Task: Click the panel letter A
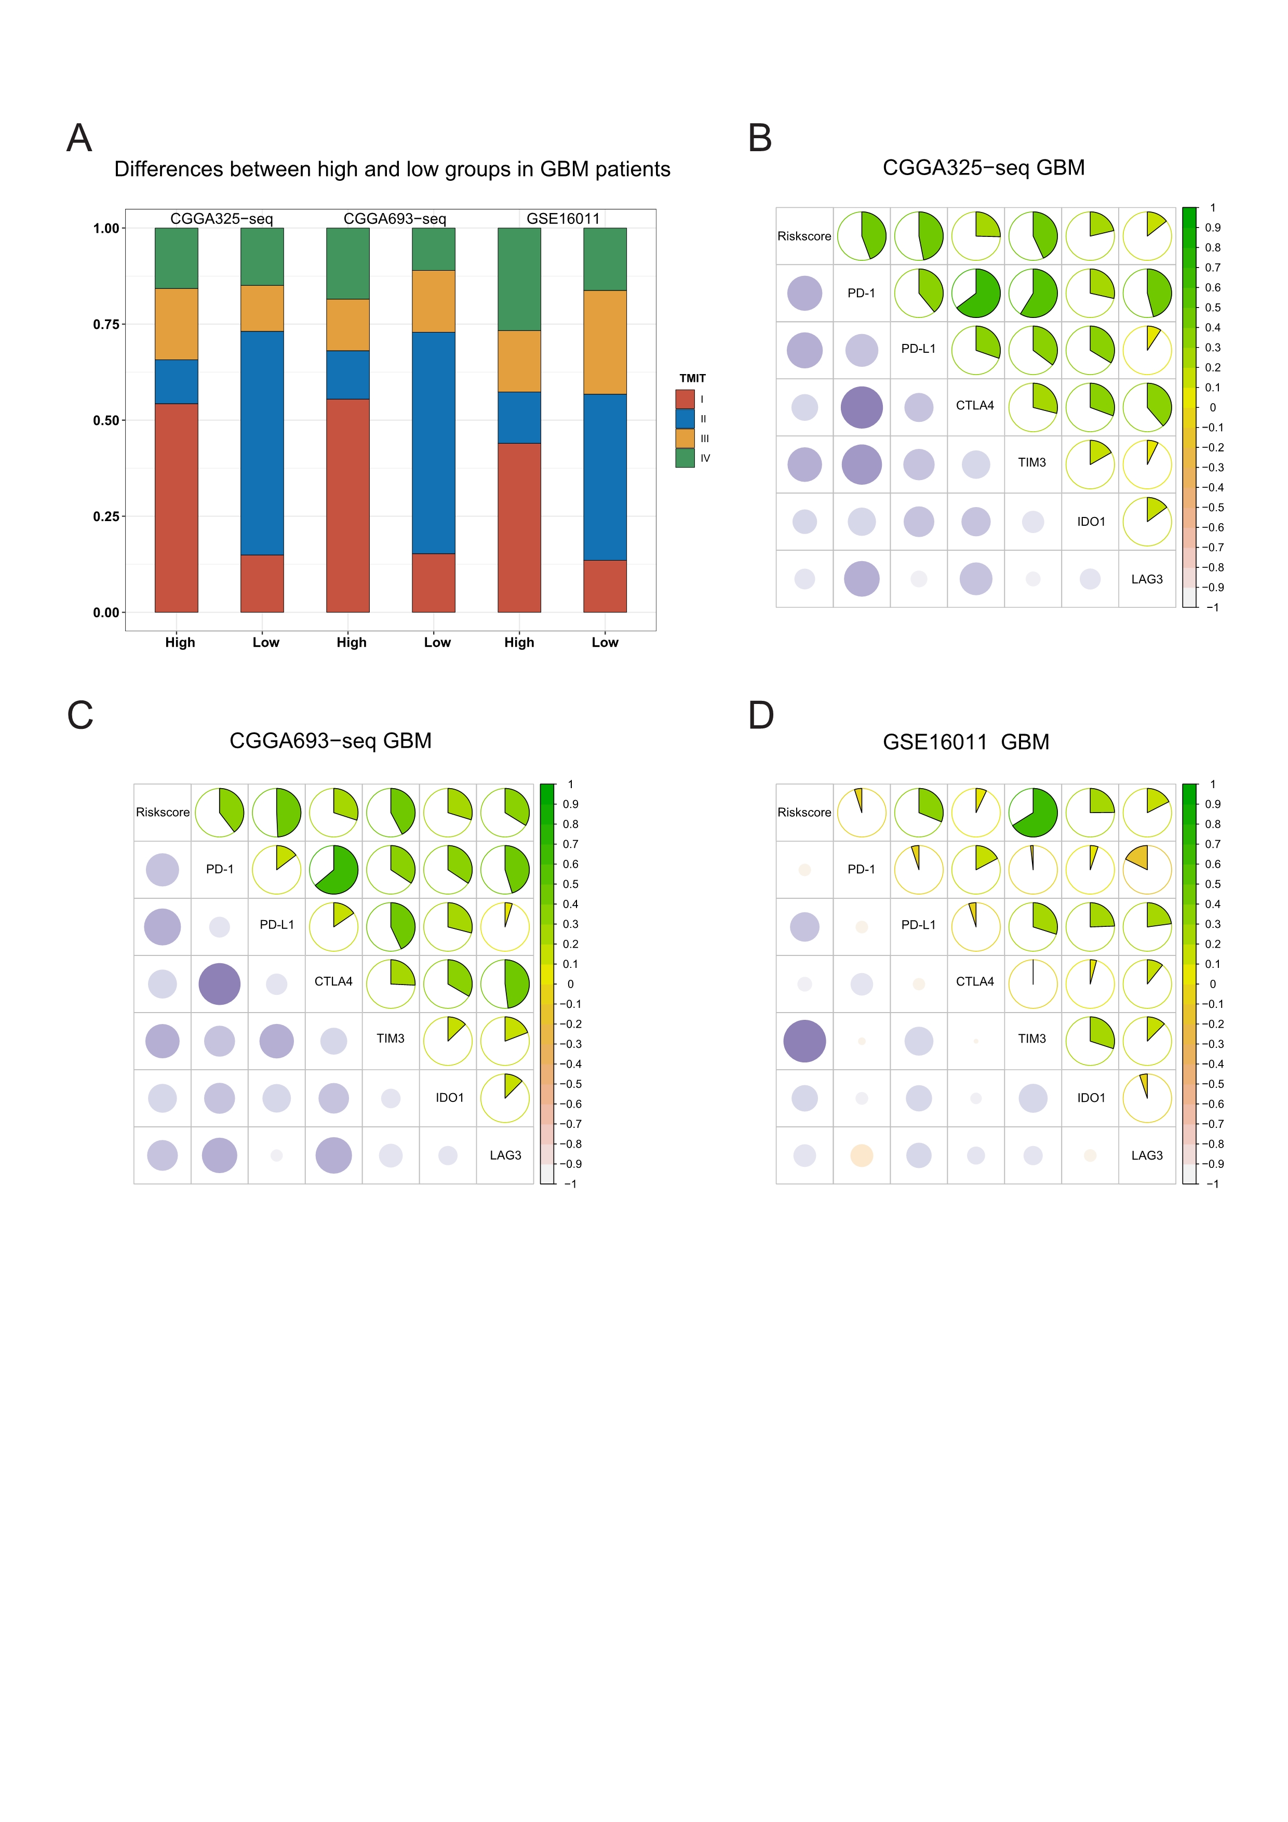[x=79, y=138]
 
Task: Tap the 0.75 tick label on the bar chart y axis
[x=106, y=325]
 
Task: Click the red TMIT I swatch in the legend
[x=685, y=399]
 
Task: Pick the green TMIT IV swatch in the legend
[x=685, y=458]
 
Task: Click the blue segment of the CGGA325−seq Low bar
[x=262, y=443]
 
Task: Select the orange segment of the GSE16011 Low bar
[x=605, y=342]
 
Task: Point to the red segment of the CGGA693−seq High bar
[x=347, y=506]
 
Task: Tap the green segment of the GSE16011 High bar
[x=519, y=280]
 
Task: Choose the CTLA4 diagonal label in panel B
[x=975, y=406]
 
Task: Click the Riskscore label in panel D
[x=804, y=813]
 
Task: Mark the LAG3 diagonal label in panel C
[x=505, y=1155]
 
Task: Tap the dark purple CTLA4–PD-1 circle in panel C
[x=220, y=984]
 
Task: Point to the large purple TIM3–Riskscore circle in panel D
[x=804, y=1041]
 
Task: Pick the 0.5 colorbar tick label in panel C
[x=570, y=884]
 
